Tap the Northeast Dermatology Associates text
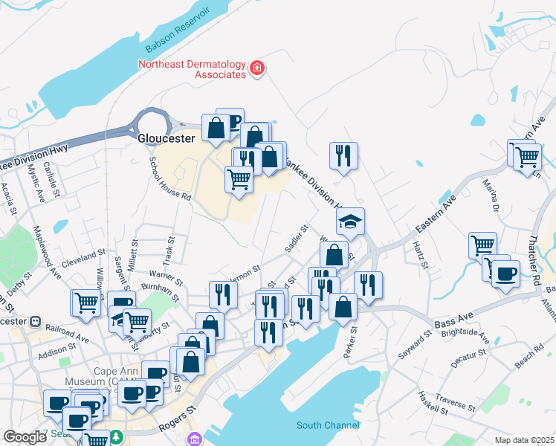(x=192, y=69)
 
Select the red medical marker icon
(x=257, y=68)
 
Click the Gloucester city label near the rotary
(x=167, y=138)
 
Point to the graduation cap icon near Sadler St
(x=350, y=221)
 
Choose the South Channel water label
(x=328, y=425)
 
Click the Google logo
(x=25, y=437)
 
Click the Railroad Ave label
(x=66, y=332)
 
